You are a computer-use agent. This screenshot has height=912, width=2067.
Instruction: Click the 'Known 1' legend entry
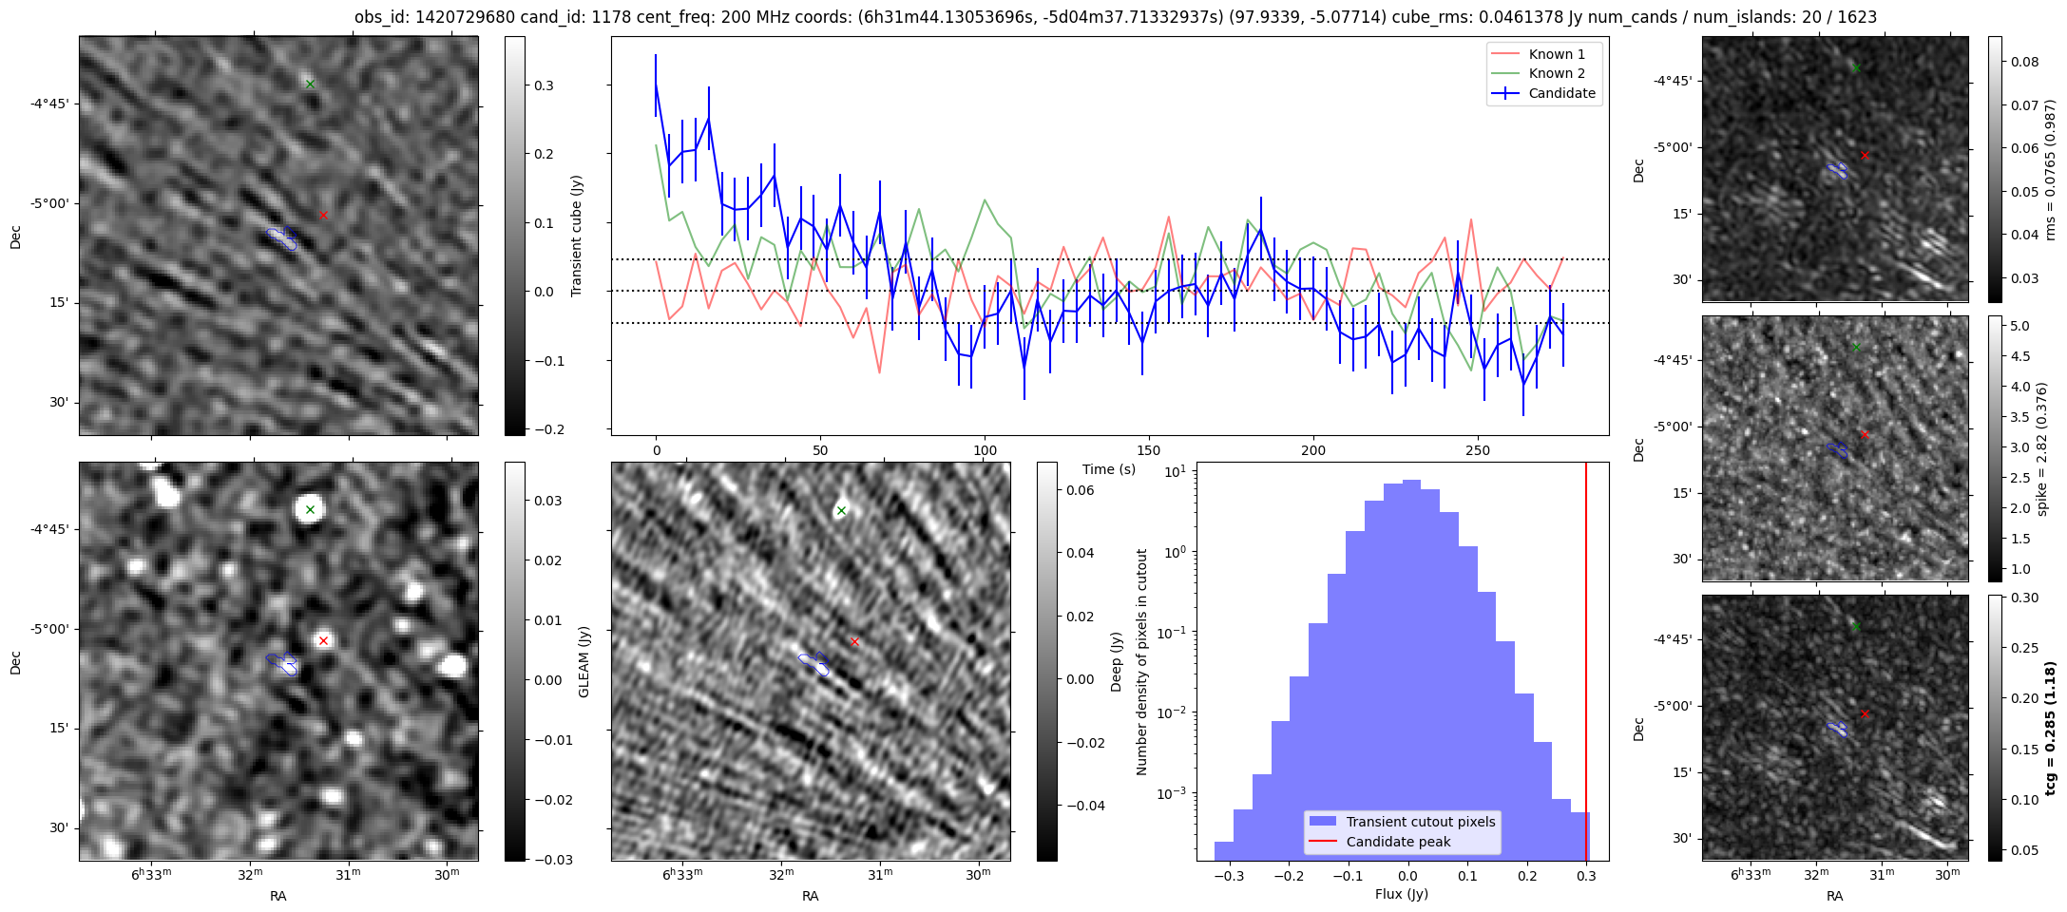[1556, 54]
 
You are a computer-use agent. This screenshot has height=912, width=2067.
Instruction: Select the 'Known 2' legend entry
[1556, 73]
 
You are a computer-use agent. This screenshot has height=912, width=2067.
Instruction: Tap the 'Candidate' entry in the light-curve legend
[1561, 93]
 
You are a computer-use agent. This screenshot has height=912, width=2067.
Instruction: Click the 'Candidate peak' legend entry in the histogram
[1398, 842]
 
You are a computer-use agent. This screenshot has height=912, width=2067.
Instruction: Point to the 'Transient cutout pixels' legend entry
[1420, 822]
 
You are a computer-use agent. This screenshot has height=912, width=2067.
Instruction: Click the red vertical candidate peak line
[1586, 665]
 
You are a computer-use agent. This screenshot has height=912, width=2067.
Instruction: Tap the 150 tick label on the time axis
[1149, 450]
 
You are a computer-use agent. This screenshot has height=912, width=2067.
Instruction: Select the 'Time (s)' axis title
[1109, 469]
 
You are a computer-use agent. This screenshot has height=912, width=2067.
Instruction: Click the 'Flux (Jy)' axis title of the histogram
[1402, 894]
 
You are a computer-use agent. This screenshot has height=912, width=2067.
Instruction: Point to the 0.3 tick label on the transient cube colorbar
[545, 85]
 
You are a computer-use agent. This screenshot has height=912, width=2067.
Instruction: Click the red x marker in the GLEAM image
[324, 640]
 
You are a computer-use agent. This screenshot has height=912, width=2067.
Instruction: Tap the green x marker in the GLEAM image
[310, 510]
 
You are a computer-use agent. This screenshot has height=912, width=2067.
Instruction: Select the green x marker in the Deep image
[841, 511]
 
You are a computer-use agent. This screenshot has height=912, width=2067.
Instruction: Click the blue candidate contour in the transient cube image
[282, 237]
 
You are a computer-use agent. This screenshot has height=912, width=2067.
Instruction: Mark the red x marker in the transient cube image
[324, 216]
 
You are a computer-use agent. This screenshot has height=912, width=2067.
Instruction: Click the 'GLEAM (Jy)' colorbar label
[584, 661]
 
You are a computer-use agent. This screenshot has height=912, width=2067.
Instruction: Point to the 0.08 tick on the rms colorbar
[2024, 63]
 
